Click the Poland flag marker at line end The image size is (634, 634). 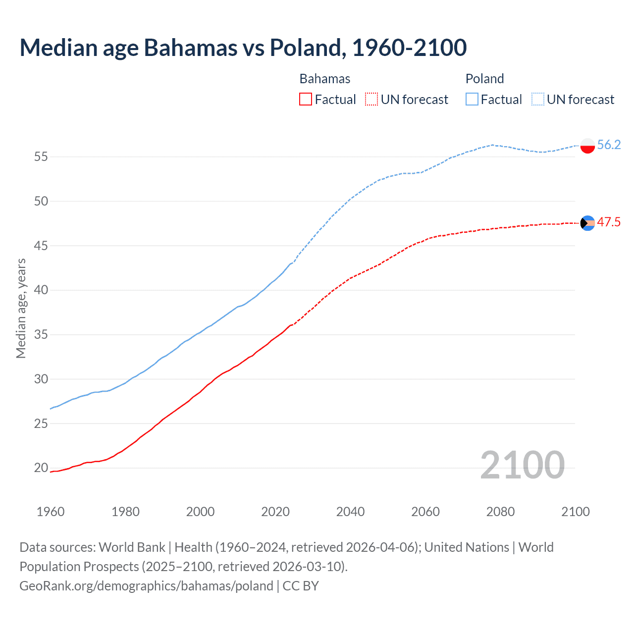[x=587, y=146]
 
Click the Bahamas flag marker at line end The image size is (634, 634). [x=587, y=223]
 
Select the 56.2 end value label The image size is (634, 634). [x=609, y=145]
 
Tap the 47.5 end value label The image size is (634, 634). [x=609, y=222]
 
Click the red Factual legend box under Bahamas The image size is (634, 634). [x=306, y=99]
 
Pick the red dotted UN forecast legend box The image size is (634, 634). [x=371, y=99]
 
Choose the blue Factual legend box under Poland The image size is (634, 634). [x=472, y=99]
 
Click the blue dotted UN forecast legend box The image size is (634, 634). [x=537, y=99]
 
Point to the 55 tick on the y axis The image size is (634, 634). [x=41, y=157]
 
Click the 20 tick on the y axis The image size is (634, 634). [x=41, y=468]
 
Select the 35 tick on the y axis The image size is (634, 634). [x=41, y=335]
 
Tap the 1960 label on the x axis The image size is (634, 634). [x=51, y=512]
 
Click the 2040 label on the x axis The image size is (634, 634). [x=350, y=512]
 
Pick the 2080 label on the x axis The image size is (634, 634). [x=500, y=512]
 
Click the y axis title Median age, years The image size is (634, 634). [x=21, y=308]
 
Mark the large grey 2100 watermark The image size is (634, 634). [x=522, y=465]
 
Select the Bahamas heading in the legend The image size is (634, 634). [x=325, y=79]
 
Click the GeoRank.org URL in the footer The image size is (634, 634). [x=146, y=585]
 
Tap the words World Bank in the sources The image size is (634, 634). [x=132, y=547]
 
